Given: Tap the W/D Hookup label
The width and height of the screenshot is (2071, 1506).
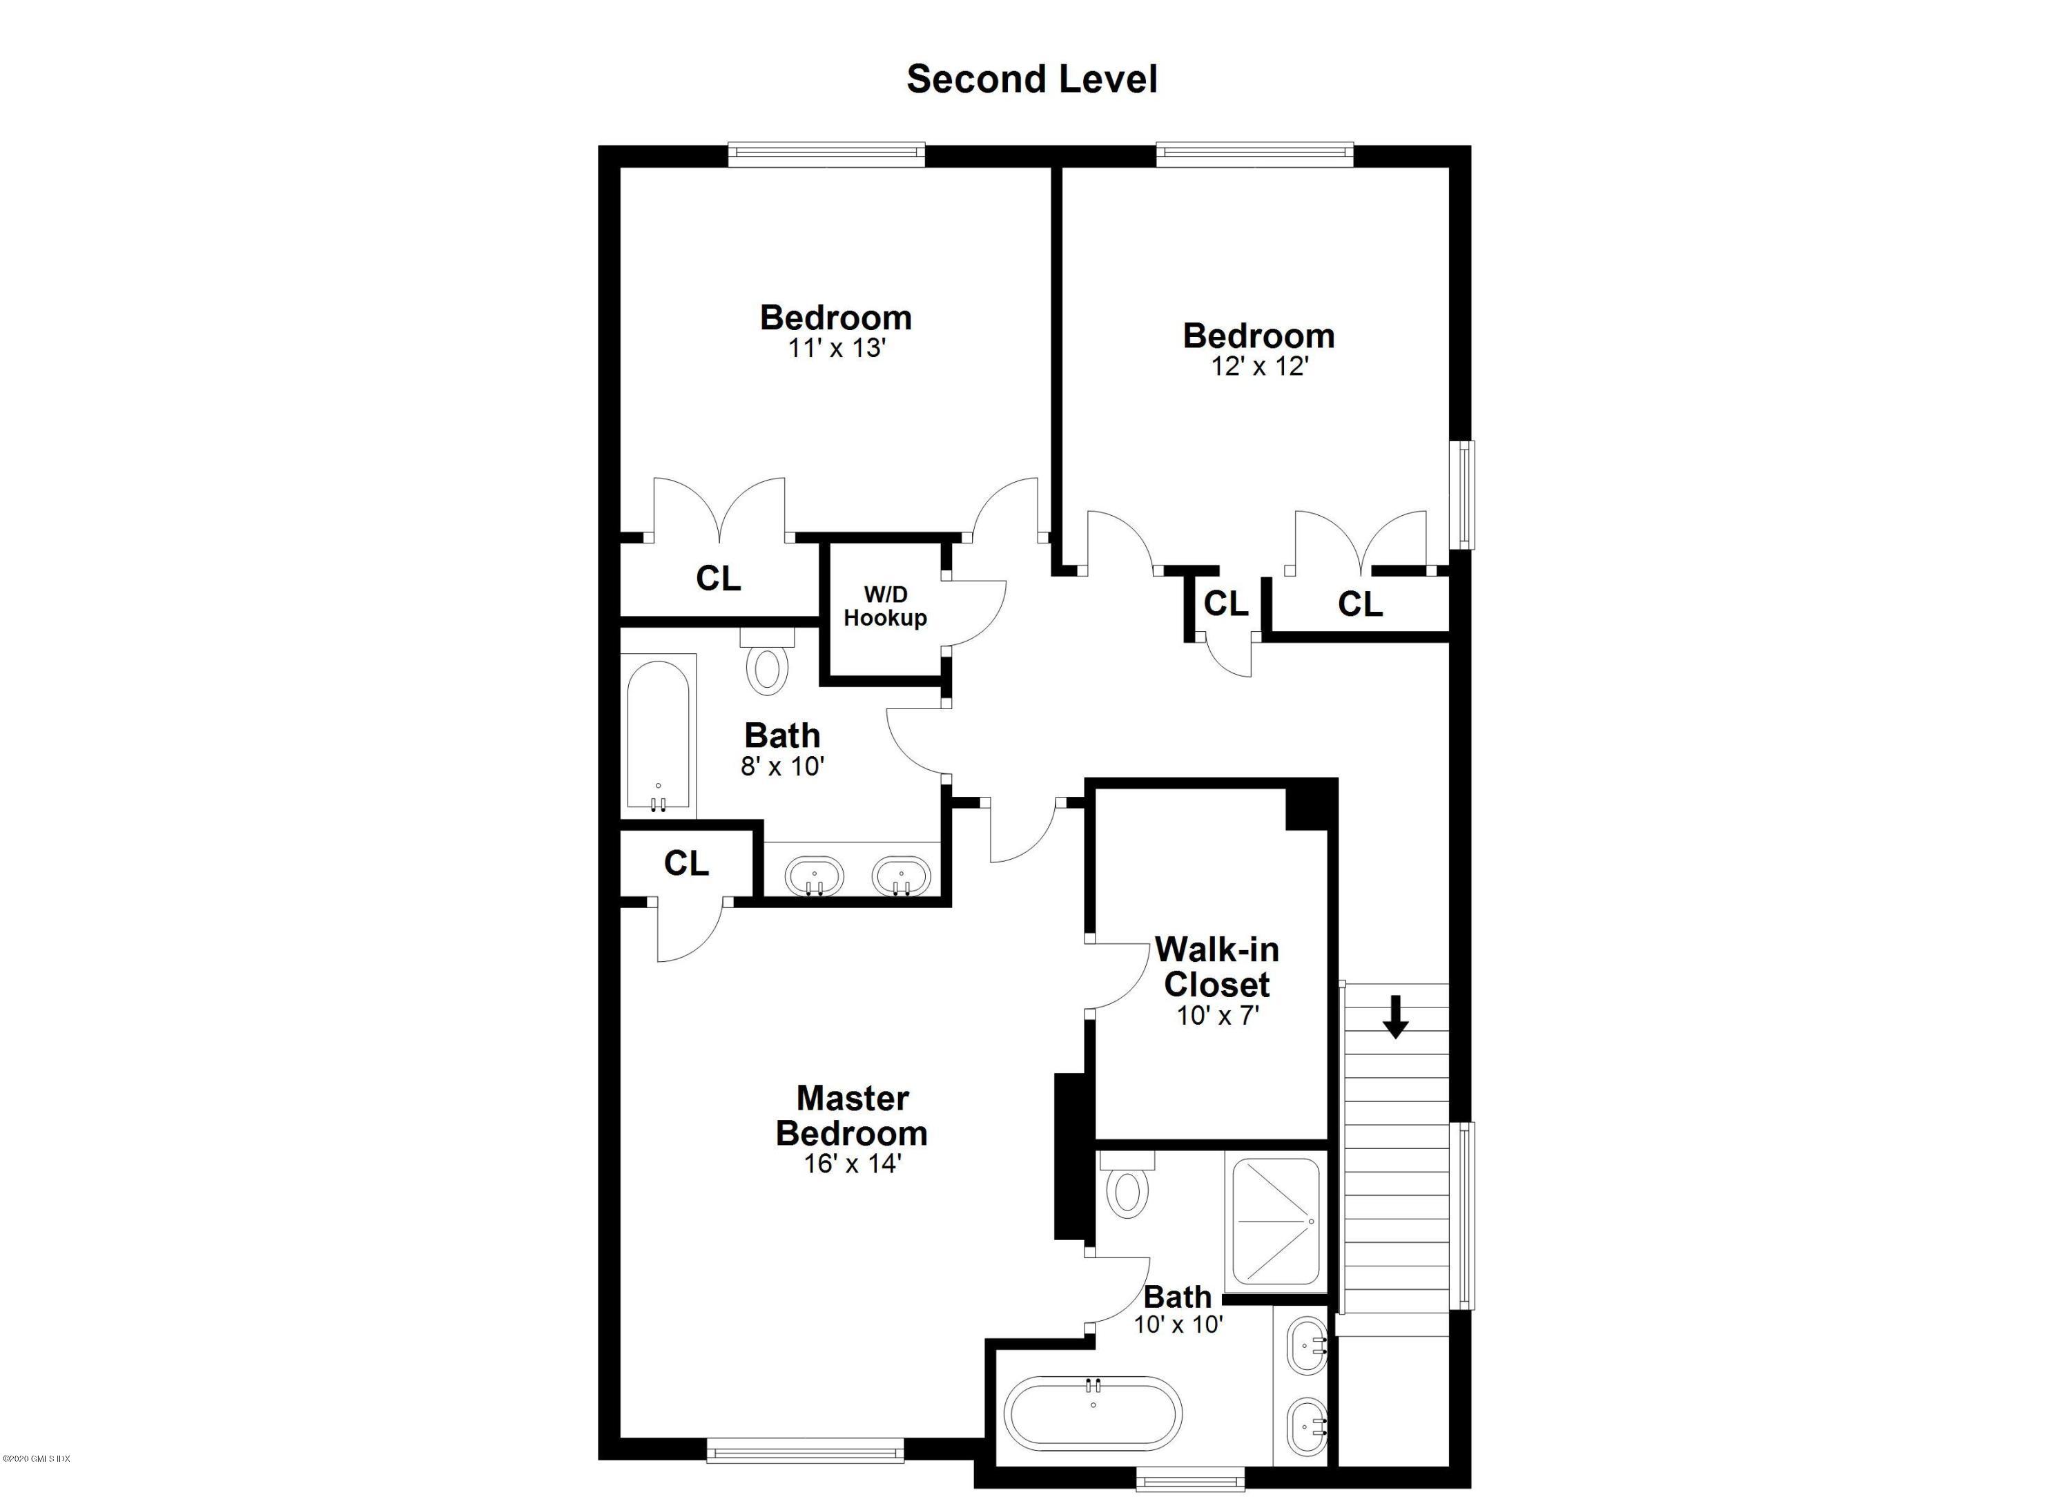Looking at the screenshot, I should (x=885, y=606).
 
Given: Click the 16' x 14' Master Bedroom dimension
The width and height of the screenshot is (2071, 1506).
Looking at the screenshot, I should (x=852, y=1164).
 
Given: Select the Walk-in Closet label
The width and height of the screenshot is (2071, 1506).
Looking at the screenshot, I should (x=1216, y=967).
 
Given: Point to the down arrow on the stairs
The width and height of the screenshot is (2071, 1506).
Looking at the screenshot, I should (x=1394, y=1017).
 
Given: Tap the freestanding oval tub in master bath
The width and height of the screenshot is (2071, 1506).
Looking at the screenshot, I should (x=1093, y=1413).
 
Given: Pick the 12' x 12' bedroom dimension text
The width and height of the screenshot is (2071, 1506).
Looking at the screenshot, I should (x=1259, y=366).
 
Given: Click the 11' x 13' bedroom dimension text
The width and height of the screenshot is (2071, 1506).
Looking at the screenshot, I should (x=837, y=348).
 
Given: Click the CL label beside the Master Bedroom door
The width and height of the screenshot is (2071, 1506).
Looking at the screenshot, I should (x=686, y=863).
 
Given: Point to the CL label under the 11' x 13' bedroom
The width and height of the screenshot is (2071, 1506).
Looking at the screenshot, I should (x=718, y=578).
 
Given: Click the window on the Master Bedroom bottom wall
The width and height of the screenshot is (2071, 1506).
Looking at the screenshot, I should (x=804, y=1450).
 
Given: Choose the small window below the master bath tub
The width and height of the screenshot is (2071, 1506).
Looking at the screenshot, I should (x=1190, y=1478).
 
